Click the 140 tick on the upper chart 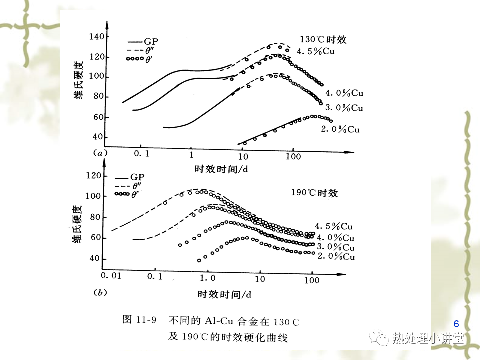click(x=96, y=37)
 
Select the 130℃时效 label click(x=323, y=40)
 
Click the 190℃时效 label click(x=315, y=193)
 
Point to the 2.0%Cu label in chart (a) click(x=340, y=129)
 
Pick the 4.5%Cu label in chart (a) click(x=316, y=51)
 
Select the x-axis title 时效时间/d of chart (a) click(x=221, y=169)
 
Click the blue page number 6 click(x=456, y=323)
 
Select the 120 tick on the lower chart click(x=94, y=176)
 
